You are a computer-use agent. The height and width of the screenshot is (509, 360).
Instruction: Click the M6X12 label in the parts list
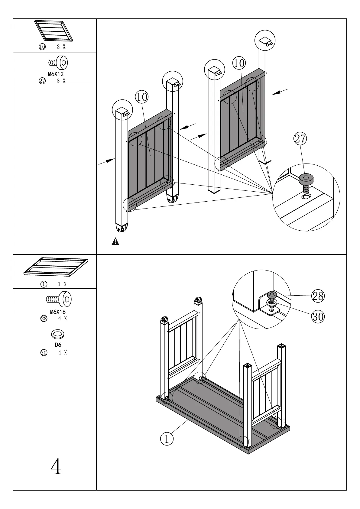(x=56, y=74)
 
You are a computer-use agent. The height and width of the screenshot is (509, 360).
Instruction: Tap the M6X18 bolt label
(x=58, y=312)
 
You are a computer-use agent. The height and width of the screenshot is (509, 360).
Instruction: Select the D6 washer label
(x=58, y=345)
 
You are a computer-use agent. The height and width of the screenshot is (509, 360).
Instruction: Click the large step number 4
(x=56, y=467)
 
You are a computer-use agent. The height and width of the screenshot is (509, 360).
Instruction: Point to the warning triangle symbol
(x=115, y=242)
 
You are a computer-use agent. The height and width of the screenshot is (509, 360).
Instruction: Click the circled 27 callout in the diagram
(x=300, y=139)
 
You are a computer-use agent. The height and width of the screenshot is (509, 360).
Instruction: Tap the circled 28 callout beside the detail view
(x=318, y=296)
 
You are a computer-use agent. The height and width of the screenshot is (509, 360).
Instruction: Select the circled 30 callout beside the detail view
(x=318, y=316)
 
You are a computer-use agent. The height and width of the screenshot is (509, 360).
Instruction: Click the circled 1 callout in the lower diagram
(x=167, y=439)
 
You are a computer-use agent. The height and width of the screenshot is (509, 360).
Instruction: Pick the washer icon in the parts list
(x=58, y=334)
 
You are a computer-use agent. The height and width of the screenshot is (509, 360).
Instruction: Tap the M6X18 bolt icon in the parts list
(x=59, y=300)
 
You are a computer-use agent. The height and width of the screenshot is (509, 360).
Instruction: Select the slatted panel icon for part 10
(x=54, y=31)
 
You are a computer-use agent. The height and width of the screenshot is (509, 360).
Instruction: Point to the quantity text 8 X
(x=61, y=81)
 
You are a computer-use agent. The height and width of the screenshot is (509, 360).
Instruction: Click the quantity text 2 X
(x=61, y=47)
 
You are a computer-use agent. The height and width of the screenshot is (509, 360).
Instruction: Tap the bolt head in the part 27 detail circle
(x=306, y=179)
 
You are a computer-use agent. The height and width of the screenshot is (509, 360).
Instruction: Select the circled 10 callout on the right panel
(x=239, y=63)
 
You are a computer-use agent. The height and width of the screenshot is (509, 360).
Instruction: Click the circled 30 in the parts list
(x=44, y=353)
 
